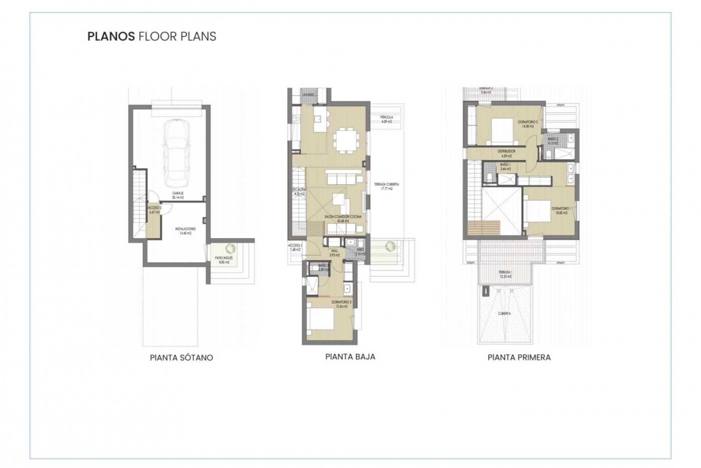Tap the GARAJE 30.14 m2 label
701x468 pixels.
(178, 195)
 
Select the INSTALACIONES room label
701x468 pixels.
(185, 231)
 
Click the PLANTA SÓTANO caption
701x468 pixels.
(181, 358)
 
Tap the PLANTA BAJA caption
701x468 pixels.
(350, 356)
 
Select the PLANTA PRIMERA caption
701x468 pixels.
(519, 358)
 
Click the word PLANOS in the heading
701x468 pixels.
(111, 36)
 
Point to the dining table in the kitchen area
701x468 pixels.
(346, 140)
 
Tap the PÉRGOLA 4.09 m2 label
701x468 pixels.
(386, 120)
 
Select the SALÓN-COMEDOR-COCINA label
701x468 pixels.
(343, 219)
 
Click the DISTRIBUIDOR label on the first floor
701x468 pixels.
(506, 154)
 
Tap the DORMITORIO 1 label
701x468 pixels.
(562, 211)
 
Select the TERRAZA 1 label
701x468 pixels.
(506, 274)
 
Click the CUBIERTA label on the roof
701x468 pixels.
(504, 313)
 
